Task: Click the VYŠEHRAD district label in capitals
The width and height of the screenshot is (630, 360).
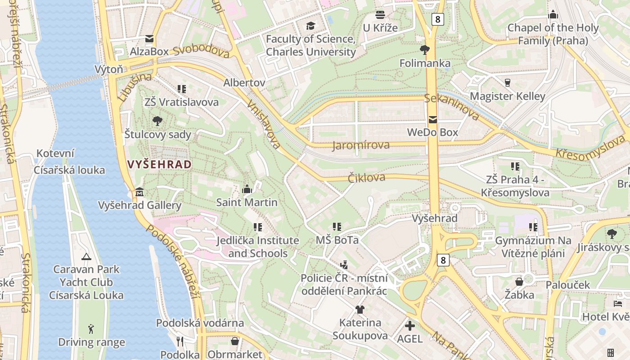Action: [160, 164]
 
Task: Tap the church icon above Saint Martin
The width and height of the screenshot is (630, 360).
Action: [247, 189]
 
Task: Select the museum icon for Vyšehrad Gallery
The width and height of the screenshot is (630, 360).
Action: [139, 193]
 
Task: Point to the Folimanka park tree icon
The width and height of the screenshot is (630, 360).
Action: [424, 49]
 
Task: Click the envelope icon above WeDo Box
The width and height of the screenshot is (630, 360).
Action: [433, 120]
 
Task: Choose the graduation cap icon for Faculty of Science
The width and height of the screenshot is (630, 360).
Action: [310, 26]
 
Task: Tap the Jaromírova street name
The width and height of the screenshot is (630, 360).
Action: [361, 145]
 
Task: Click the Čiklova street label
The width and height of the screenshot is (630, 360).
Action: [366, 178]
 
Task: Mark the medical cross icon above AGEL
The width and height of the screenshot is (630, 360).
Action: [410, 325]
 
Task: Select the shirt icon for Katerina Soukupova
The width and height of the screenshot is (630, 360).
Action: [360, 309]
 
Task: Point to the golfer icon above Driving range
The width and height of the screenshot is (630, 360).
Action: [91, 329]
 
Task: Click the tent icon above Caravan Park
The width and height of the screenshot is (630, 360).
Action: [86, 256]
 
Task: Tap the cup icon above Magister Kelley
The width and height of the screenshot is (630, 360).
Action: [508, 83]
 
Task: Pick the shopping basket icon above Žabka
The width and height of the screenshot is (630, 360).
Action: [519, 282]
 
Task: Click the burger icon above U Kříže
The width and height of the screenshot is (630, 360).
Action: [380, 15]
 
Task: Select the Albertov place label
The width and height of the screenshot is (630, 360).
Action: [244, 83]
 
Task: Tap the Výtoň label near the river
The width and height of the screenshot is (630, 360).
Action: [109, 69]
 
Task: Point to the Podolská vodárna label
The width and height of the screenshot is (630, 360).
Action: [200, 323]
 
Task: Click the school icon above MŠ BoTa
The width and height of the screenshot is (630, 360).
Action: [337, 227]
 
